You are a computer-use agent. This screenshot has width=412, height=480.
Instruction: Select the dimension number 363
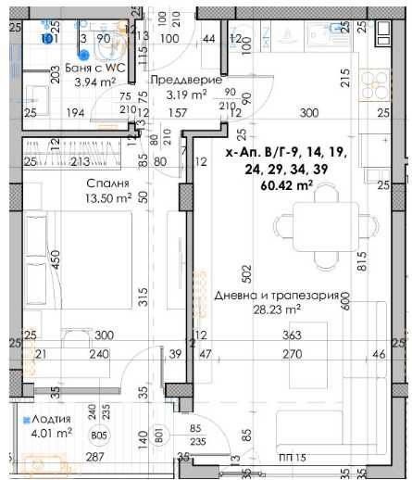point(293,335)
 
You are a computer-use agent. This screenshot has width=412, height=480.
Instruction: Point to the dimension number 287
point(93,457)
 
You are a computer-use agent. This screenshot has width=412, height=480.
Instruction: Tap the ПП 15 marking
point(291,458)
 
